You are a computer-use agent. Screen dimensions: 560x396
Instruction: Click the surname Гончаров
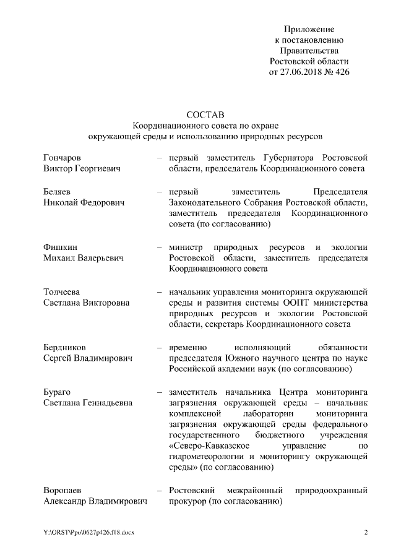[62, 157]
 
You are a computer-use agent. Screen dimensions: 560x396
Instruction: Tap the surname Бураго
[59, 392]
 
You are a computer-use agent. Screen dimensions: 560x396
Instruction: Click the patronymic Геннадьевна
[102, 403]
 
